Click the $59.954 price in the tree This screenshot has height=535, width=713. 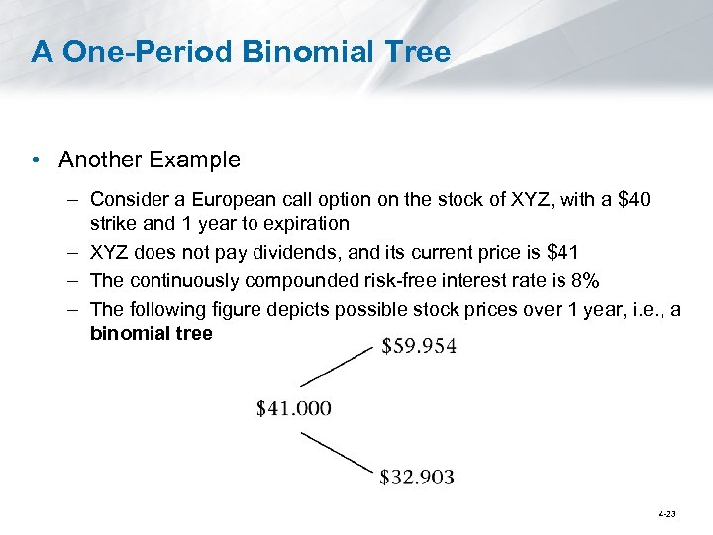tap(418, 348)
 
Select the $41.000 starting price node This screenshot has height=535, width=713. tap(294, 407)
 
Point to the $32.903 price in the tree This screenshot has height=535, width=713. tap(417, 477)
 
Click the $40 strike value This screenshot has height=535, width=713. tap(634, 201)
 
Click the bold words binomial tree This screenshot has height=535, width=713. tap(151, 333)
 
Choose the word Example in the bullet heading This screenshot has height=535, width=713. tap(197, 160)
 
